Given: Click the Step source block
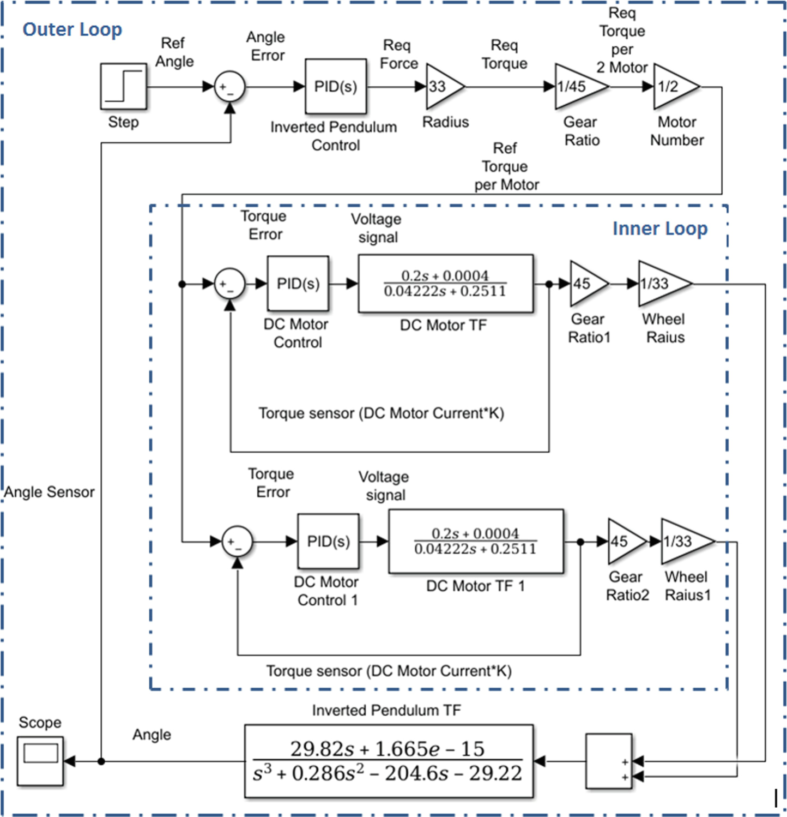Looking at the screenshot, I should [123, 86].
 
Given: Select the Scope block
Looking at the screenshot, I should [40, 761].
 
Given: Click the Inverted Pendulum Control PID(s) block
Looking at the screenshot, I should [335, 86].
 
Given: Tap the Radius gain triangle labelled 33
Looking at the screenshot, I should [441, 86].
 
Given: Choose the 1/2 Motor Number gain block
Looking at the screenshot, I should [673, 86].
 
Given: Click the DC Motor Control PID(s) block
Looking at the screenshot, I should [298, 284].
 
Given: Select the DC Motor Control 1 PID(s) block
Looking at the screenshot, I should [328, 542].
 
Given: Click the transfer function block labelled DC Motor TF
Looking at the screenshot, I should [445, 284].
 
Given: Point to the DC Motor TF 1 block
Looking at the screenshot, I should [475, 542].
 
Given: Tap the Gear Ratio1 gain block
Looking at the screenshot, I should [585, 284].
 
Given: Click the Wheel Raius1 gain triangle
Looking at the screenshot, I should [683, 542].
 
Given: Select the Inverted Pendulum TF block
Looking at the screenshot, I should [388, 761].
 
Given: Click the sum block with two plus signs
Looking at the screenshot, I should [609, 761].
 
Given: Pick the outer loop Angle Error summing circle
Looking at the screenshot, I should [229, 87].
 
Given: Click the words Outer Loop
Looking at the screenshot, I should [72, 29].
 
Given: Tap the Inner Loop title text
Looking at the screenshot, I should [659, 229].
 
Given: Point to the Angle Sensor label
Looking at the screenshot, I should [50, 492].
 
